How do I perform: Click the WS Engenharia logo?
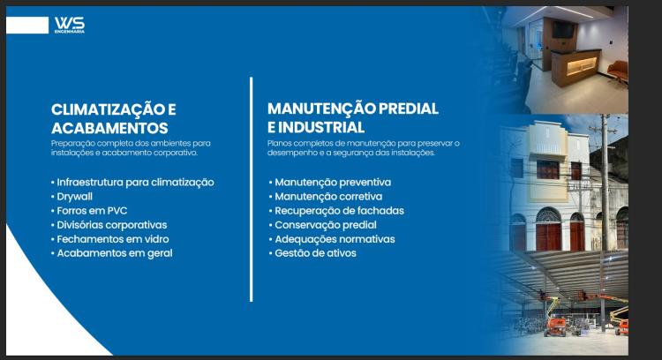coord(70,25)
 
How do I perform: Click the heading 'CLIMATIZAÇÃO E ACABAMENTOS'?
coord(114,118)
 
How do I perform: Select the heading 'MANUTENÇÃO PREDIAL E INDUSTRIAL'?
coord(353,117)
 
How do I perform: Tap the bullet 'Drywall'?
coord(71,197)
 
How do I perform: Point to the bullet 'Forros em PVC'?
coord(89,211)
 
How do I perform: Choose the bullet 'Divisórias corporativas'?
coord(109,225)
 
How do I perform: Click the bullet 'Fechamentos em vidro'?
coord(109,239)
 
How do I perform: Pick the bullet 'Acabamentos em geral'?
coord(111,253)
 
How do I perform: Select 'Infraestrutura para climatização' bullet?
coord(132,183)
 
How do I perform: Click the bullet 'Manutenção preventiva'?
coord(330,183)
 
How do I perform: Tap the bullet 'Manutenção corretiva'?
coord(326,197)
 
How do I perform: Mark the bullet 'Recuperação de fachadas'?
coord(336,211)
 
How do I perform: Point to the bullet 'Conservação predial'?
coord(323,225)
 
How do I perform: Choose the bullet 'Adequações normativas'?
coord(332,239)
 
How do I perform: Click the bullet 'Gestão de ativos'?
coord(312,253)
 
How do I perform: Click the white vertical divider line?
coord(252,190)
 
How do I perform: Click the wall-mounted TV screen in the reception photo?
coord(563,30)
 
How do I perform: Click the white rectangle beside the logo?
coord(27,26)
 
